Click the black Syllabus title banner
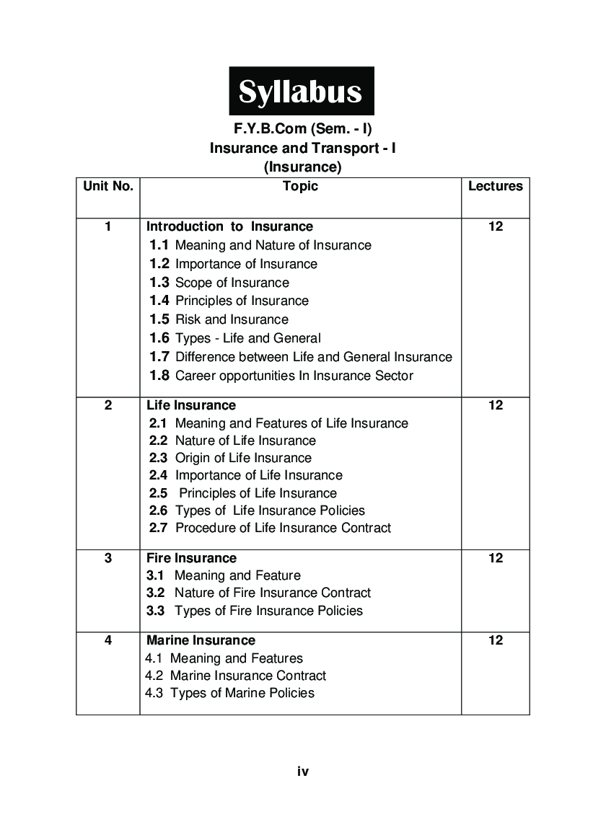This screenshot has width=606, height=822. click(x=301, y=92)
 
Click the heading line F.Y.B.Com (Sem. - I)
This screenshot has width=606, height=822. click(x=302, y=129)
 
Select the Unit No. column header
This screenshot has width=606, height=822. click(x=108, y=186)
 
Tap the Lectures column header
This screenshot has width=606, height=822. click(x=495, y=186)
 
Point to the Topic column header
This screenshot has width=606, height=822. click(x=300, y=186)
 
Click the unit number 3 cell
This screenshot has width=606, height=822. click(x=108, y=557)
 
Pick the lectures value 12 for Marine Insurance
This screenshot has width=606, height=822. click(x=495, y=640)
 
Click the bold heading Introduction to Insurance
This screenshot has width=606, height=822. click(x=229, y=226)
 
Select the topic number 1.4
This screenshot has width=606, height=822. click(x=159, y=301)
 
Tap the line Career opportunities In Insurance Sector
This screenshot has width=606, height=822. click(x=294, y=376)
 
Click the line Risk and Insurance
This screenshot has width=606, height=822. click(x=232, y=319)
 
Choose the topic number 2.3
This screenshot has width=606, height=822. click(x=158, y=458)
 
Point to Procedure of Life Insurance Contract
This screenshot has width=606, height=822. click(x=283, y=528)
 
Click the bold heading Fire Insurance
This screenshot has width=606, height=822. click(x=191, y=558)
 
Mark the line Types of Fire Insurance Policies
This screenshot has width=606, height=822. click(x=268, y=611)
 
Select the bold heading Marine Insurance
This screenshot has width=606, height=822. click(x=201, y=640)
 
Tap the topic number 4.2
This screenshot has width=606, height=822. click(x=154, y=676)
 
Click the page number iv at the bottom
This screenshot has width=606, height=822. click(x=303, y=772)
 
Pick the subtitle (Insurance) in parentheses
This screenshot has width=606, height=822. click(x=302, y=167)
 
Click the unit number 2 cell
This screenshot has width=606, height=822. click(x=108, y=405)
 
